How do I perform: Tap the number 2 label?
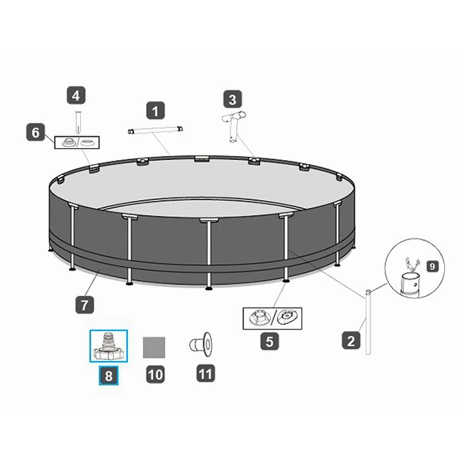[x=351, y=341]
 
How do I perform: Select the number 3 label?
[x=232, y=99]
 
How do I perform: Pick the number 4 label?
[x=76, y=94]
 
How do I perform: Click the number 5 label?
[x=269, y=341]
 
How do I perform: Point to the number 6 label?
[x=35, y=133]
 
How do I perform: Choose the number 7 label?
[x=84, y=303]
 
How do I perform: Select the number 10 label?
[x=155, y=374]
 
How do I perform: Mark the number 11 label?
[x=205, y=374]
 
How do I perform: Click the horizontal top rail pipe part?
[x=157, y=130]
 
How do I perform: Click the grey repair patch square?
[x=155, y=347]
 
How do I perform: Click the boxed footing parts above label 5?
[x=271, y=318]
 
